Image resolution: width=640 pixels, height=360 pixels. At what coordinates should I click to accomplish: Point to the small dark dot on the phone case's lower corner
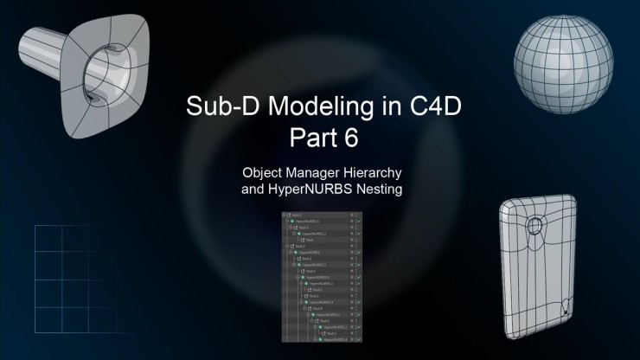click(566, 305)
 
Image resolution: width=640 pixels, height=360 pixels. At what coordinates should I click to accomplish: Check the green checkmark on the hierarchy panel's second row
click(357, 221)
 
